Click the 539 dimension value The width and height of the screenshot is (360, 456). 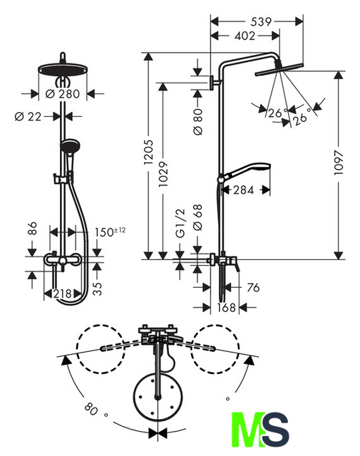pos(261,21)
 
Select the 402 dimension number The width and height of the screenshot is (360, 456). pos(245,36)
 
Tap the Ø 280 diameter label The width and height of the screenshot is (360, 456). pos(63,94)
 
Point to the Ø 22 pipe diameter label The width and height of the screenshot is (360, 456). pos(28,117)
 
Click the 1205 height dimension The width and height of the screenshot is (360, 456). pos(148,152)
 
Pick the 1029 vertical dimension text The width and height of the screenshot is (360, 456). pos(163,174)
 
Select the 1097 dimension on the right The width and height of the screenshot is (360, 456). pos(339,162)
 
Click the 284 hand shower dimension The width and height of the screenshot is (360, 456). pos(244,190)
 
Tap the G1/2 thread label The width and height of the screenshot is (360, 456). pos(180,223)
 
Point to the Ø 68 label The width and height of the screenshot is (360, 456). pos(197,217)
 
